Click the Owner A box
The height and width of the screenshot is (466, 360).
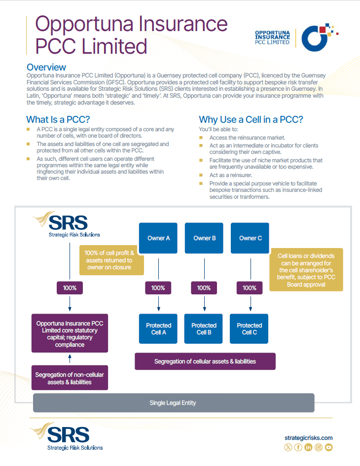[x=158, y=238]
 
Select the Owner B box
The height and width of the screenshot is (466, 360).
[x=204, y=238]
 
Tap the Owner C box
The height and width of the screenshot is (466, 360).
[x=250, y=238]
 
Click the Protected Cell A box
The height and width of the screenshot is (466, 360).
[x=158, y=329]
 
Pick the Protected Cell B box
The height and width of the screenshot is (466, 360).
[x=204, y=329]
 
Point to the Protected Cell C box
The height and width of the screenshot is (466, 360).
[x=250, y=329]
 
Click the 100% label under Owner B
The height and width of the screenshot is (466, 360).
[x=204, y=288]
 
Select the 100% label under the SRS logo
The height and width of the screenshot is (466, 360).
[x=70, y=288]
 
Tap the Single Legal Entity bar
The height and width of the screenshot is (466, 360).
[x=173, y=403]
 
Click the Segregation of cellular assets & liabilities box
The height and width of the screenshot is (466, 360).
[x=205, y=361]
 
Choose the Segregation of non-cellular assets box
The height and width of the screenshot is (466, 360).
[x=70, y=378]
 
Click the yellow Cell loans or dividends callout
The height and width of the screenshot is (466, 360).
[x=306, y=270]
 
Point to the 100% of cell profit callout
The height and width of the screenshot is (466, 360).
[x=111, y=260]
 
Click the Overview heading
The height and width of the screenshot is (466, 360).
[x=46, y=67]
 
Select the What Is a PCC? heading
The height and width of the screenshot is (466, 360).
[x=57, y=119]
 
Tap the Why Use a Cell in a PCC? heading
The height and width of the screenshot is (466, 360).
[x=251, y=119]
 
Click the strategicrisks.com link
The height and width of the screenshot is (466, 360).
[x=309, y=437]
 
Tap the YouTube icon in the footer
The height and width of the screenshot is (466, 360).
[x=329, y=447]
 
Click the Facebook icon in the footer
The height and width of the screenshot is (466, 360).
[x=298, y=447]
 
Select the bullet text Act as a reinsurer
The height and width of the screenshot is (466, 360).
[x=230, y=175]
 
